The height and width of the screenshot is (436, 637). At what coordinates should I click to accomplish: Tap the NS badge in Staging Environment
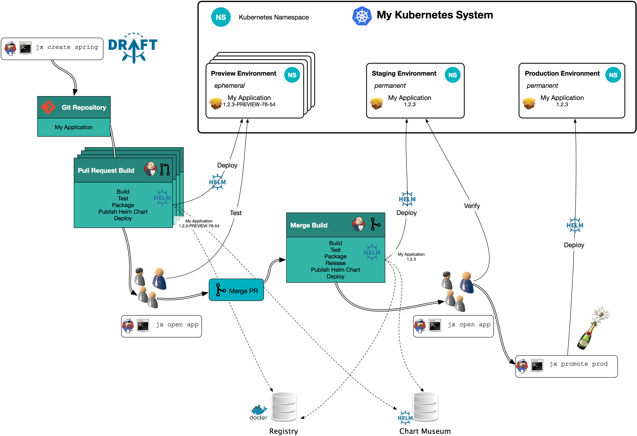click(453, 75)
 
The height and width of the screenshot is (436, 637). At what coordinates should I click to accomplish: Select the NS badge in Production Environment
click(613, 75)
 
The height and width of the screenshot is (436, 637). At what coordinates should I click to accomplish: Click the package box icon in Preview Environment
click(216, 103)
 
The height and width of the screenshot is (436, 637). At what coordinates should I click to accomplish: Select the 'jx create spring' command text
click(67, 47)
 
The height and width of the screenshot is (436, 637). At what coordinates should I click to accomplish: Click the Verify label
click(472, 206)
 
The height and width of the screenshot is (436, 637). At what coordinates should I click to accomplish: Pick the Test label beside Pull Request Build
click(236, 213)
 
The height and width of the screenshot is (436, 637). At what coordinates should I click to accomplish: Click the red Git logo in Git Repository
click(48, 107)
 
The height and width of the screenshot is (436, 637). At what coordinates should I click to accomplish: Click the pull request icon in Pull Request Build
click(165, 169)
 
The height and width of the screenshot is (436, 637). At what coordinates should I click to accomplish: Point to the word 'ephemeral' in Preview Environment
click(229, 86)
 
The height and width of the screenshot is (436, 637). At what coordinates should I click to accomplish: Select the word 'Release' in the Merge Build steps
click(336, 263)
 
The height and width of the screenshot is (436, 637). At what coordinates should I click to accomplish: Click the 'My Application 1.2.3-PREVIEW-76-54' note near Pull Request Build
click(199, 223)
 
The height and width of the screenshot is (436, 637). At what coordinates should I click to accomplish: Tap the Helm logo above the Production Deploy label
click(575, 225)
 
